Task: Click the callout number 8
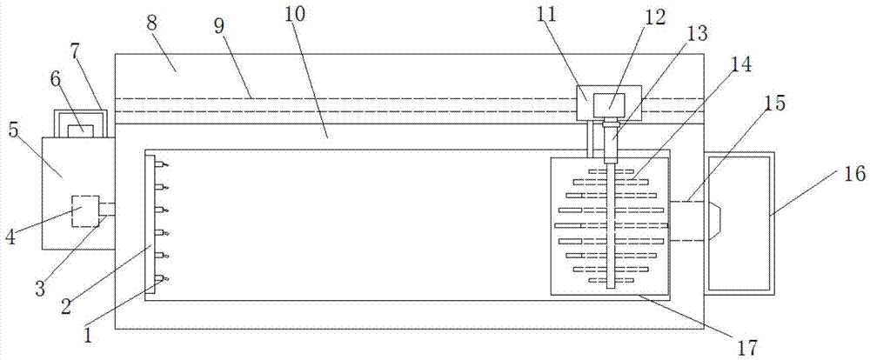point(151,23)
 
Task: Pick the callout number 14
point(742,64)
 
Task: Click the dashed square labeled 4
point(85,210)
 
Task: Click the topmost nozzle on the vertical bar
point(161,164)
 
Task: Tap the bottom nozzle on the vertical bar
point(161,278)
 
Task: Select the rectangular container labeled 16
point(739,223)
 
